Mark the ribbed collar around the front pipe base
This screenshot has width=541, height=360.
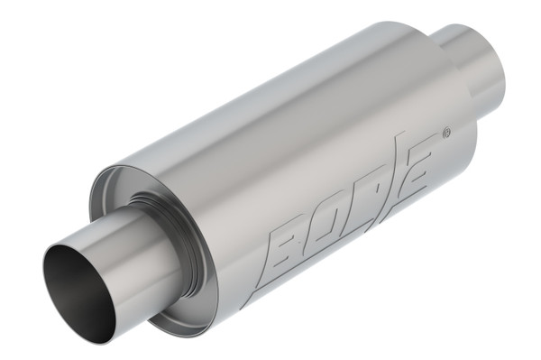(158, 217)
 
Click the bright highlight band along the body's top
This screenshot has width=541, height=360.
(270, 99)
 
